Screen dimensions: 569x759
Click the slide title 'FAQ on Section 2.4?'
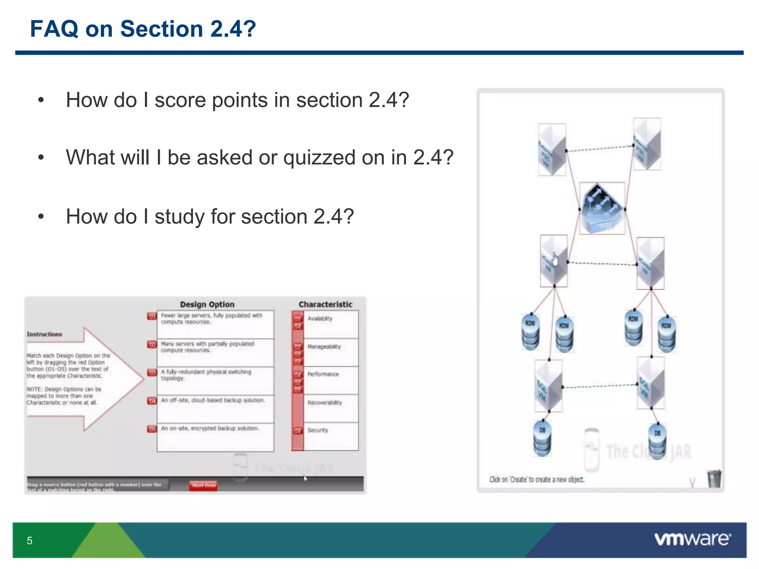point(143,29)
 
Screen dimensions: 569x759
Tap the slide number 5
point(30,540)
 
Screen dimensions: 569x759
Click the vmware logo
point(692,539)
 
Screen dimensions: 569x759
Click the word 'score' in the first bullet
point(180,100)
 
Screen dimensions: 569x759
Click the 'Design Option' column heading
point(207,305)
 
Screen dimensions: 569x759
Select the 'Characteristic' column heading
point(325,305)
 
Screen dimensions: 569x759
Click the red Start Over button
point(203,485)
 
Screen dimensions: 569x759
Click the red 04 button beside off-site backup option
point(152,401)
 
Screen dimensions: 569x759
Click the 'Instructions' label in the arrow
point(44,334)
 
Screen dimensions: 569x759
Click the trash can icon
point(714,479)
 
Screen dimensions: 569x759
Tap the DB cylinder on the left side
point(542,439)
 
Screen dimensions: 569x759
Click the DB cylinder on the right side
point(657,442)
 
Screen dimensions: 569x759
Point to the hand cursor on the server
point(555,259)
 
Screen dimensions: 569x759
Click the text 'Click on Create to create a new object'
point(537,479)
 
